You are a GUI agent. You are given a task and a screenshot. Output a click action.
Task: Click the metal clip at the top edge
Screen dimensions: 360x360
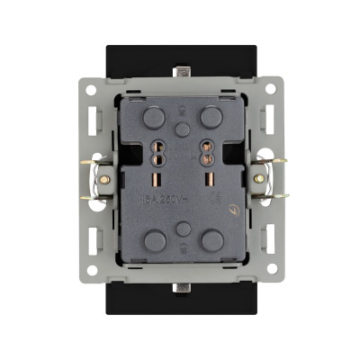tap(184, 70)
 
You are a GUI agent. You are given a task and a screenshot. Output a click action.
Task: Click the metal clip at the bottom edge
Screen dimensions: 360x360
tap(184, 289)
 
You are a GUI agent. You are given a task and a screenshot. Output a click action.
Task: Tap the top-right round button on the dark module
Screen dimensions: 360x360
tap(211, 117)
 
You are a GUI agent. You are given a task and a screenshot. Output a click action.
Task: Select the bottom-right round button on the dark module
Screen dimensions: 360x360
tap(211, 239)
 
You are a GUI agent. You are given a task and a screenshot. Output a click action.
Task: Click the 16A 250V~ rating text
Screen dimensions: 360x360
tap(159, 201)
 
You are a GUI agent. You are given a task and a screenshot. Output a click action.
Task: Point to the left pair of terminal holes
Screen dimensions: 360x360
tap(161, 156)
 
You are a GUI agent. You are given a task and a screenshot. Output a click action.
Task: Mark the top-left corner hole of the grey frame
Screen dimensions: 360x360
tap(91, 90)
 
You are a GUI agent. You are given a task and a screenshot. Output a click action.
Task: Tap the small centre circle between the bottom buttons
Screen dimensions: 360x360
tap(184, 229)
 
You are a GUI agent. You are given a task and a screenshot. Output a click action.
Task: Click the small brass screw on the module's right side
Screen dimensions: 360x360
tap(237, 211)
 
